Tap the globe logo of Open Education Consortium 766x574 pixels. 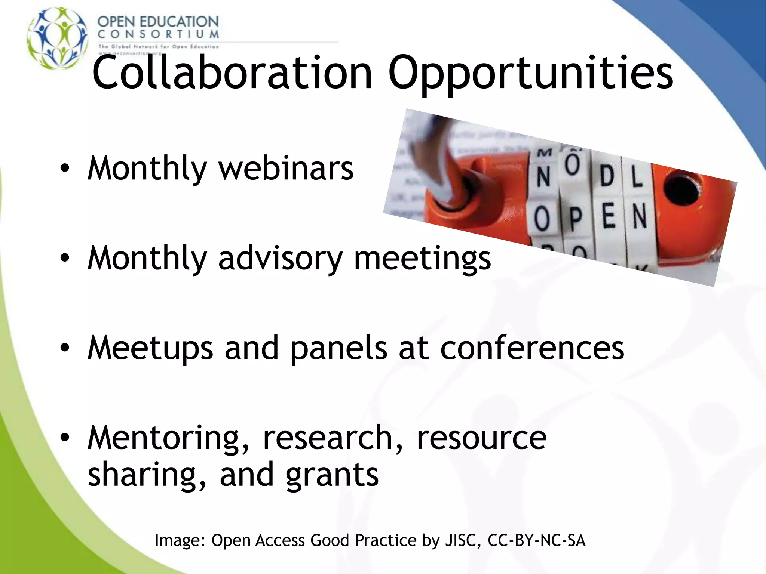(x=57, y=38)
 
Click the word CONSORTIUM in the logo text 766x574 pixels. (x=158, y=34)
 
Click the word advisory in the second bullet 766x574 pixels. (x=280, y=259)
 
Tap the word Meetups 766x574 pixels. (x=150, y=348)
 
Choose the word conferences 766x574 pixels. (x=532, y=348)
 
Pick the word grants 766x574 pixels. (x=332, y=475)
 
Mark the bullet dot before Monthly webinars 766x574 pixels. (x=65, y=169)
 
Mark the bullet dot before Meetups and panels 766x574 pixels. (x=65, y=348)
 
